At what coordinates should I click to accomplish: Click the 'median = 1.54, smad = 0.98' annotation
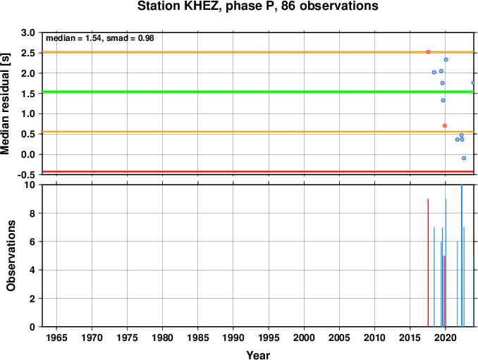coord(100,38)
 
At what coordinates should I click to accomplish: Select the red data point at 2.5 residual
coord(428,52)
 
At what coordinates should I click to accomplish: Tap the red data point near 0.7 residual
coord(445,126)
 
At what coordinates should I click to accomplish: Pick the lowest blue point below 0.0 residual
coord(464,158)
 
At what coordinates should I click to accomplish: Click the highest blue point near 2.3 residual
coord(446,60)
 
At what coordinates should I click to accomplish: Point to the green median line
coord(258,92)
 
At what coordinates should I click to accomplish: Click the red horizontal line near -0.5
coord(258,172)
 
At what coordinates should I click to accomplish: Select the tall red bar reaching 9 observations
coord(428,263)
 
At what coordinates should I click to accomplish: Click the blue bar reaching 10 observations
coord(462,256)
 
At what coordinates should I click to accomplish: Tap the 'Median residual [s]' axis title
coord(5,104)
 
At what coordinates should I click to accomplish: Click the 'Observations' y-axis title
coord(11,256)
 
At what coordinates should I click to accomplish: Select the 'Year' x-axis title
coord(258,355)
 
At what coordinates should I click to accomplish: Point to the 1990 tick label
coord(233,337)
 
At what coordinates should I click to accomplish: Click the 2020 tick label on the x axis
coord(446,337)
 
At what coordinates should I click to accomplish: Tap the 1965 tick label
coord(56,337)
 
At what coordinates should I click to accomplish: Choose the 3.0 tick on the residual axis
coord(28,32)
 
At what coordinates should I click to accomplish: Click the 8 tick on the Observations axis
coord(32,213)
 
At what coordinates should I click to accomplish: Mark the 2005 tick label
coord(339,337)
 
